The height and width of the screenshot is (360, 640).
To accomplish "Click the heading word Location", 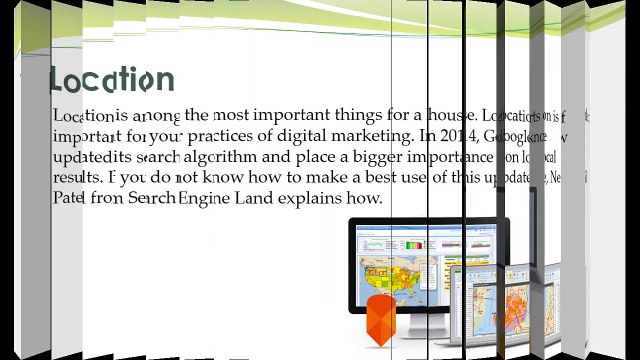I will pos(112,80).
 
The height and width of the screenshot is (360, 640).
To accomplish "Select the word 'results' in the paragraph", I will pos(76,178).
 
